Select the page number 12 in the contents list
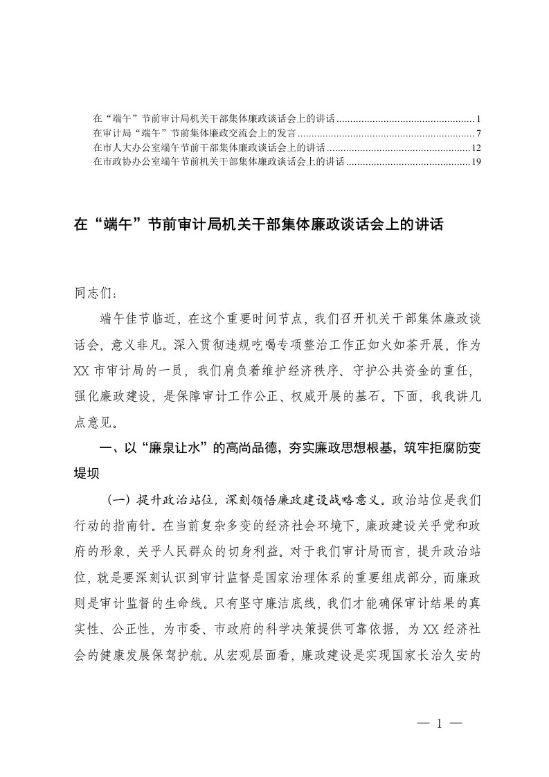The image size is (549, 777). click(x=467, y=148)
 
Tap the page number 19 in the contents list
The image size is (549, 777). click(x=467, y=163)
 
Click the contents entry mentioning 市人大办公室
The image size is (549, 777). click(x=208, y=148)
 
